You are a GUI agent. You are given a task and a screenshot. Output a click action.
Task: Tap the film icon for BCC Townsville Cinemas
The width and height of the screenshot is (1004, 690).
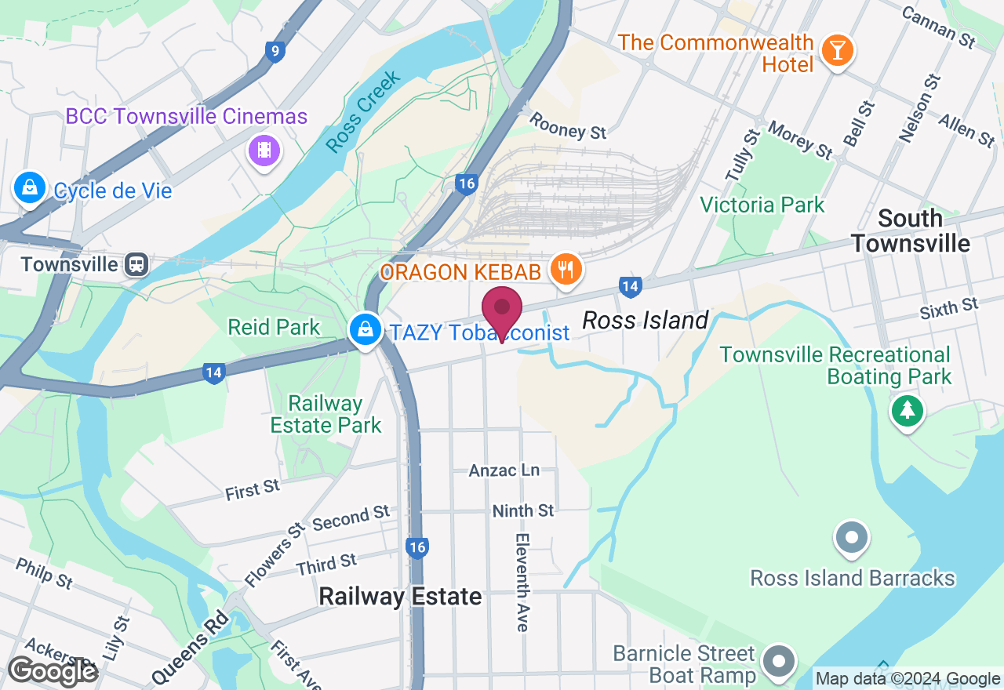coord(264,149)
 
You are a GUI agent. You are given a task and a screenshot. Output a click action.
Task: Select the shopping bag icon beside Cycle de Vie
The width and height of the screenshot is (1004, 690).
coord(29,188)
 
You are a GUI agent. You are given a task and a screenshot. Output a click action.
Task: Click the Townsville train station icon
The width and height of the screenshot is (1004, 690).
coord(136,264)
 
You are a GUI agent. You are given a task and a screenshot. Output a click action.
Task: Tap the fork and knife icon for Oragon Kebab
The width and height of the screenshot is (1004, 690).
coord(564,270)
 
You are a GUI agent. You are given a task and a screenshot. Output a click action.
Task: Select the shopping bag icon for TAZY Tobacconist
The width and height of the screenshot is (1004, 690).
coord(366,330)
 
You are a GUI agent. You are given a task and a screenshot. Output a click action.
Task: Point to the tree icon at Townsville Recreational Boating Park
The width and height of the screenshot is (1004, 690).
coord(908,409)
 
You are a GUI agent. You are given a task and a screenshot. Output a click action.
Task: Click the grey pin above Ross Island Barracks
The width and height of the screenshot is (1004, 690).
coord(852,539)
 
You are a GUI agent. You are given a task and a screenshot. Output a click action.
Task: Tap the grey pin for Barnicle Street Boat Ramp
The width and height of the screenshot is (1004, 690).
coord(778,661)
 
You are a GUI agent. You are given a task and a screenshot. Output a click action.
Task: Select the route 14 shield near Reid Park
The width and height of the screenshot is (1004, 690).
coord(213,373)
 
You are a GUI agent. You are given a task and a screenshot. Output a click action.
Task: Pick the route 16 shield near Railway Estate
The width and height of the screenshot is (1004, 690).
coord(417,547)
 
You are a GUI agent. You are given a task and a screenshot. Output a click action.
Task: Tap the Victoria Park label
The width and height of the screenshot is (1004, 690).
coord(762,205)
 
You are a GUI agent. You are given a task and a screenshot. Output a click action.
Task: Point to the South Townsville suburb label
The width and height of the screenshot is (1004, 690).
coord(910,231)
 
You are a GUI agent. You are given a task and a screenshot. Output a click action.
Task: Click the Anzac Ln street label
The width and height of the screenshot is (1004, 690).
coord(504,470)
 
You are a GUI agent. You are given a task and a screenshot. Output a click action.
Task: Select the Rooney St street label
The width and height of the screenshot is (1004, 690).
coord(568,126)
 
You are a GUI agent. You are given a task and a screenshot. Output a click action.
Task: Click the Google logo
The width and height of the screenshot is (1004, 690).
coord(52,672)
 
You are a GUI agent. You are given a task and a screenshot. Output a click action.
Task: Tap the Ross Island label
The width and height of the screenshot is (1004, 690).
coord(646,320)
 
